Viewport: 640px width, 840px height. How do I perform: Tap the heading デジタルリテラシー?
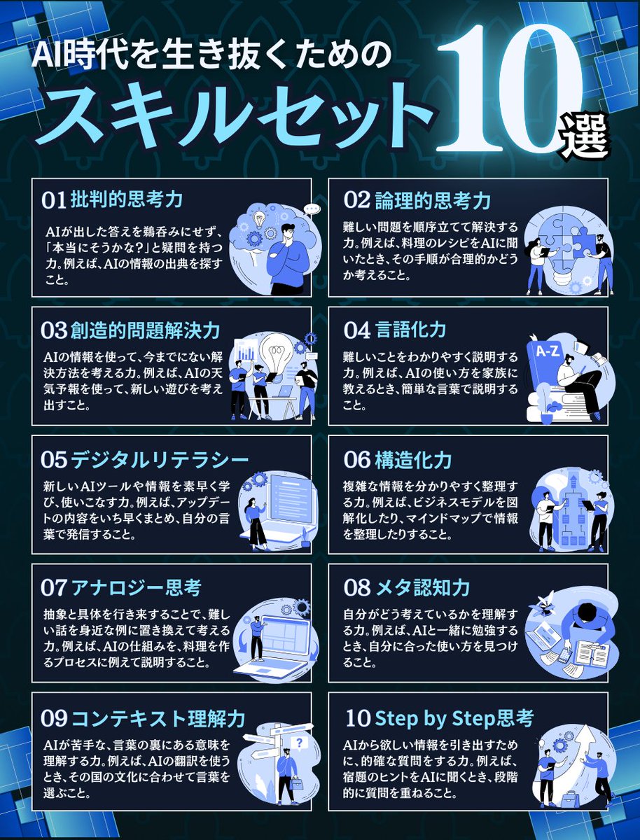tap(160, 459)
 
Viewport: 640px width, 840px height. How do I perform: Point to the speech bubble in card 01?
tap(312, 209)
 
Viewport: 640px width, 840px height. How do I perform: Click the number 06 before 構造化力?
tap(356, 460)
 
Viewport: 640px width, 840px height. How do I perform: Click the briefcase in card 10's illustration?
tap(568, 797)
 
